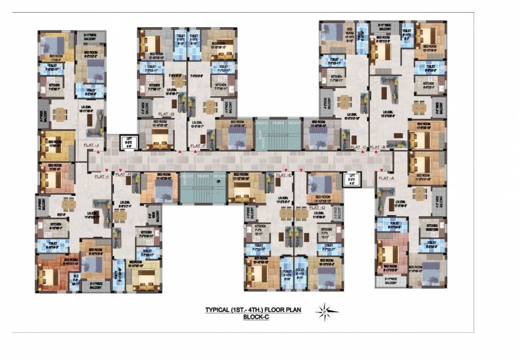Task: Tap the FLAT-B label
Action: point(378,148)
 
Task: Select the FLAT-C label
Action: point(358,148)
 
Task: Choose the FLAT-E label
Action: point(284,175)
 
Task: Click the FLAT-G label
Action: point(166,114)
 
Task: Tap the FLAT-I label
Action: point(101,177)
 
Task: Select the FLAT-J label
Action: point(91,146)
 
